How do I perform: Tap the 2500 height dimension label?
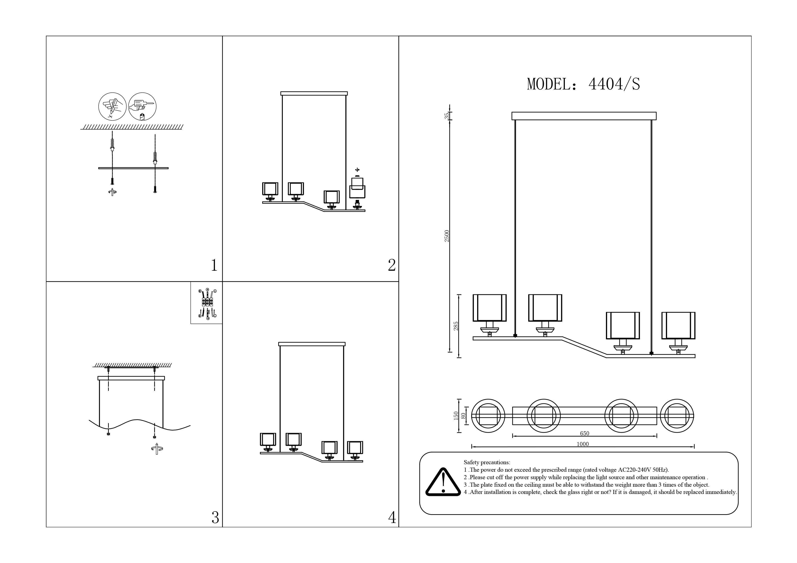point(447,236)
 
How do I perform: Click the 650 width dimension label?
point(585,433)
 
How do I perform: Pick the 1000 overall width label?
point(583,444)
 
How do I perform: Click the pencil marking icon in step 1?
point(112,107)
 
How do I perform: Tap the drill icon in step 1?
point(142,107)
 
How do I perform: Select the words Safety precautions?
point(487,462)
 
